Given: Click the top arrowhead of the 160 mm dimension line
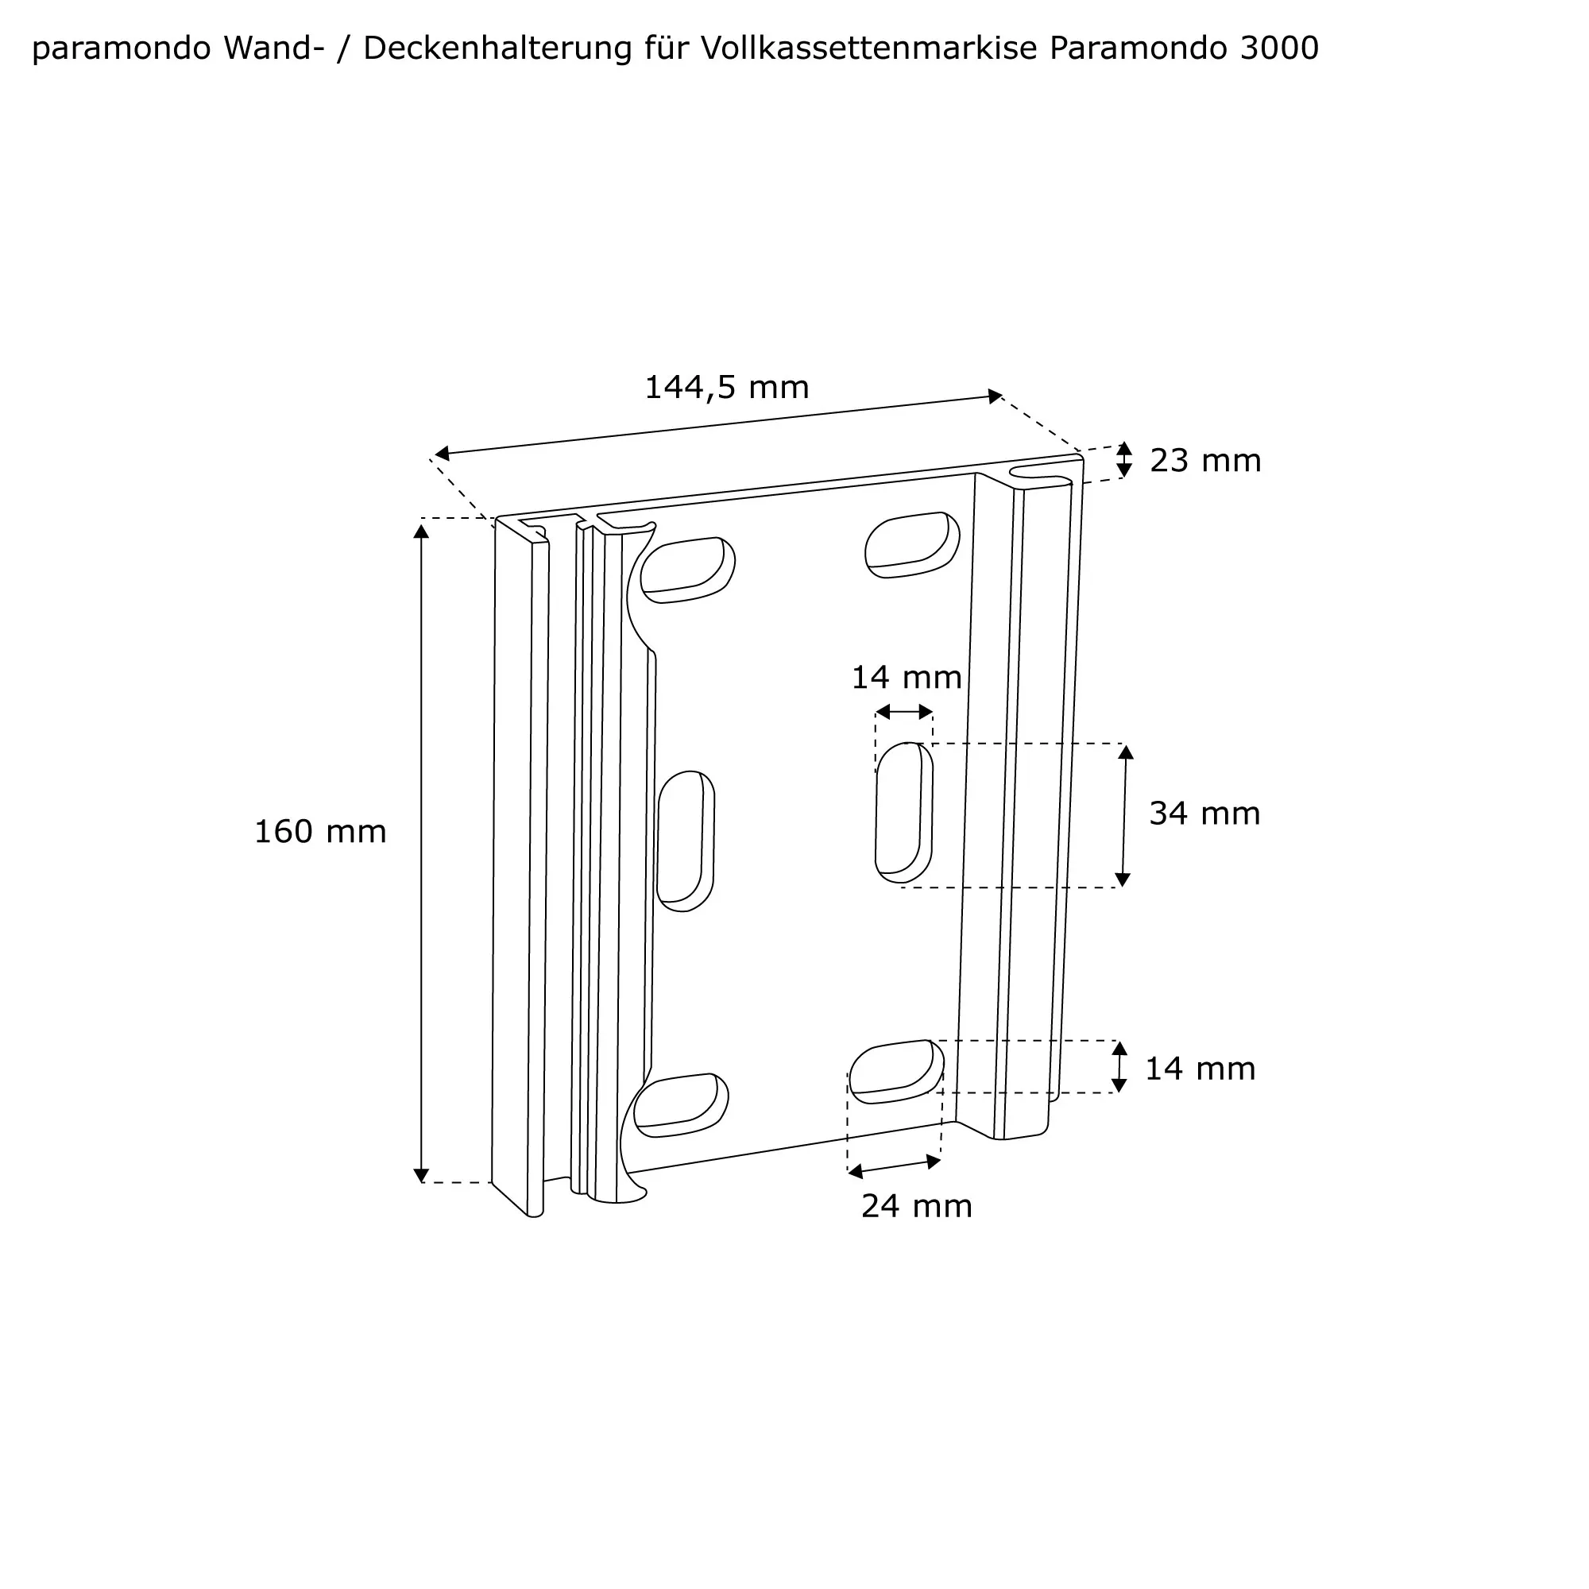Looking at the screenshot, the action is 421,532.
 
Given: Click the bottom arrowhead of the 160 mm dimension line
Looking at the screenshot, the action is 421,1175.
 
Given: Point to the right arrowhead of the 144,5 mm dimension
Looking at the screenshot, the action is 996,396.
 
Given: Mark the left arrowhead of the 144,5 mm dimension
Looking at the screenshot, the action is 442,453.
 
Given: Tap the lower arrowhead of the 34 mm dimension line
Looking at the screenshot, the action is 1123,880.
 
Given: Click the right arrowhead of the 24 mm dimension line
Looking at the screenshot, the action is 934,1162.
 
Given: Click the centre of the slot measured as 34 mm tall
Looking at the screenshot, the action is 904,813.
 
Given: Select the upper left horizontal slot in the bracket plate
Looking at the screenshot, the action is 687,569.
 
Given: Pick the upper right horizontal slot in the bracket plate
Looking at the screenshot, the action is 913,544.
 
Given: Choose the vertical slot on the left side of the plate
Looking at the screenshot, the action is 686,841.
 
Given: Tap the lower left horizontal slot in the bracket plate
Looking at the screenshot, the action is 682,1104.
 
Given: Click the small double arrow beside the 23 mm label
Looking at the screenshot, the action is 1124,460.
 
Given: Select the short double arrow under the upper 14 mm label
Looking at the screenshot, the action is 904,711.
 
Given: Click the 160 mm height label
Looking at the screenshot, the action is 320,832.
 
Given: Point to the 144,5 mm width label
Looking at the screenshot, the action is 727,388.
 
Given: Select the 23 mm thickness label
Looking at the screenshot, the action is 1206,461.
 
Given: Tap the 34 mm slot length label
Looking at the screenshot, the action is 1205,814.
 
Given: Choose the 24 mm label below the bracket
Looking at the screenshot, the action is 917,1207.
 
